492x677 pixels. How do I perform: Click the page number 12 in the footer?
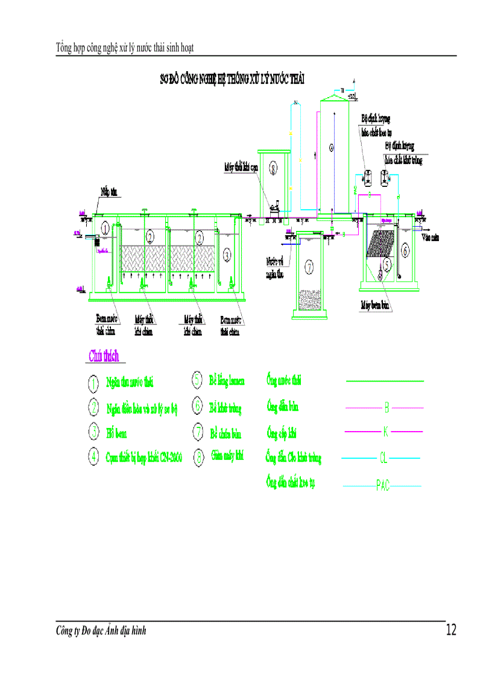coord(451,631)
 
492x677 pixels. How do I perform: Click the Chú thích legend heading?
coord(104,356)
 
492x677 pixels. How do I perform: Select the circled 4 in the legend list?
coord(93,456)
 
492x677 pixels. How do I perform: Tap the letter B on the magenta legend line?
coord(386,408)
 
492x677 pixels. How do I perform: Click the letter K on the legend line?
coord(386,432)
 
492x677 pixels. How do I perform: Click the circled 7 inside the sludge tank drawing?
coord(309,266)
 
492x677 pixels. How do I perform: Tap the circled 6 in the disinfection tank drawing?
coord(405,250)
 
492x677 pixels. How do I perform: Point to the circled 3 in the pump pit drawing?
coord(227,255)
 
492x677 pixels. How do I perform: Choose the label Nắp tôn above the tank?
coord(109,192)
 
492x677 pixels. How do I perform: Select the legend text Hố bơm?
coord(116,433)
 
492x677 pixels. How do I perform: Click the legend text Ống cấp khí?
coord(282,433)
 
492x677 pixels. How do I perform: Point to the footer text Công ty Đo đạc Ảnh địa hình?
coord(101,631)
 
